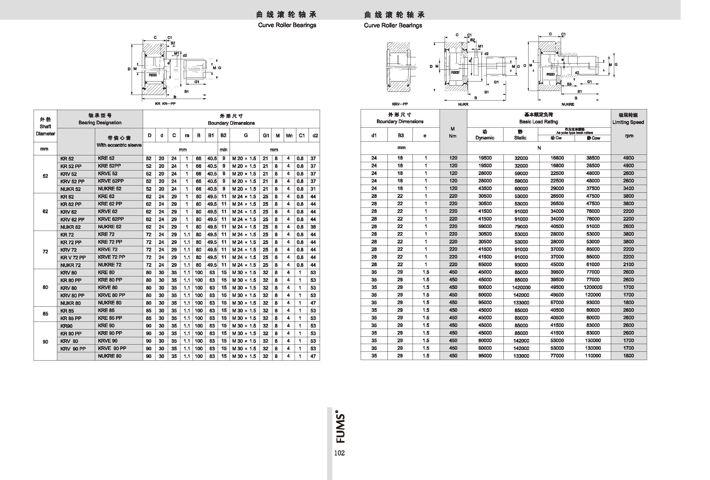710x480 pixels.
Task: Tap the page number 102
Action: click(x=339, y=453)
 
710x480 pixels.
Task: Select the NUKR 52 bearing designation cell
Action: click(x=71, y=189)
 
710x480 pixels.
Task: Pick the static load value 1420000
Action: click(x=521, y=287)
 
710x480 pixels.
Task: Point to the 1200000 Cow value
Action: click(x=593, y=287)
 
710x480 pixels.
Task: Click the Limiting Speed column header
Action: click(x=628, y=119)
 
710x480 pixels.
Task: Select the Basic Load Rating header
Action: click(x=538, y=118)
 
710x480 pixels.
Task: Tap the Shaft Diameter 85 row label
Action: click(x=45, y=314)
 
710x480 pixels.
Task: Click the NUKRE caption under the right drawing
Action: click(x=568, y=105)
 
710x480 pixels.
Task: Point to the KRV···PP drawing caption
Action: click(x=400, y=104)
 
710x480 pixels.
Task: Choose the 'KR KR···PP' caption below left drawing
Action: click(x=165, y=104)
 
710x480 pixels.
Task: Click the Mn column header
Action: click(x=289, y=135)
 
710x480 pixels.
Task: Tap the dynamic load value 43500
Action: click(x=485, y=189)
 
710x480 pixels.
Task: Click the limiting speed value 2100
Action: click(x=629, y=265)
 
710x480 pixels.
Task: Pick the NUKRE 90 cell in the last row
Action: click(x=110, y=356)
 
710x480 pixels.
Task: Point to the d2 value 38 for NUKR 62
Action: click(x=313, y=227)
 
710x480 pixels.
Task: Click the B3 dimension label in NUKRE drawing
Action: click(x=569, y=84)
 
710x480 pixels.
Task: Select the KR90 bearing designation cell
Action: click(x=66, y=326)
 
